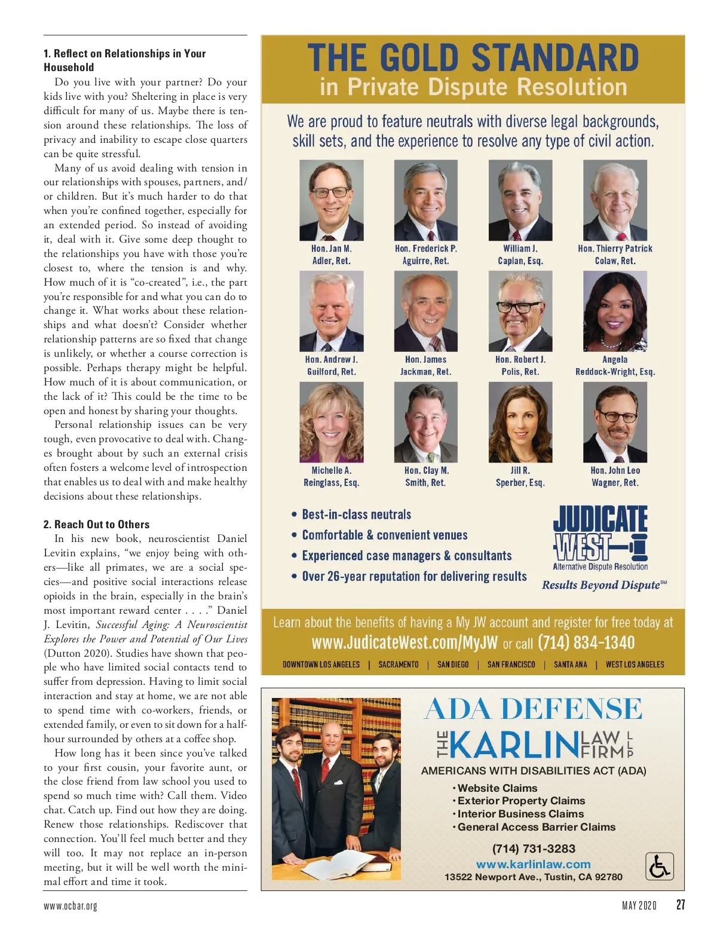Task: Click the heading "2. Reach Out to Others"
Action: (x=96, y=524)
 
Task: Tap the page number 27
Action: (x=680, y=905)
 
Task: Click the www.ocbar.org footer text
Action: (x=70, y=906)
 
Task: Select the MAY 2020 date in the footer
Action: (x=639, y=905)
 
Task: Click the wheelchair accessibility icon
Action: (x=659, y=866)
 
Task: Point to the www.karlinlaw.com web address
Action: (x=533, y=864)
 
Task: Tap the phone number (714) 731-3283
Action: (x=534, y=849)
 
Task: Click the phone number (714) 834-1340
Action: (x=586, y=642)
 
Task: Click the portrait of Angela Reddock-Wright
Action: (x=615, y=311)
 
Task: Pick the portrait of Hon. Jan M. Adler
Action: (x=331, y=200)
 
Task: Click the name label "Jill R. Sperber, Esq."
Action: (x=520, y=476)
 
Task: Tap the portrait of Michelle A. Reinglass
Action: (x=331, y=422)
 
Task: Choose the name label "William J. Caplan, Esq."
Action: (x=520, y=255)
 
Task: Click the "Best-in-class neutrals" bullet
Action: (x=356, y=514)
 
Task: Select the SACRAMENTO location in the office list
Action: (x=399, y=664)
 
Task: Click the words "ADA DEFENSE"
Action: (x=533, y=709)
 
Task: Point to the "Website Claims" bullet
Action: (x=497, y=788)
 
